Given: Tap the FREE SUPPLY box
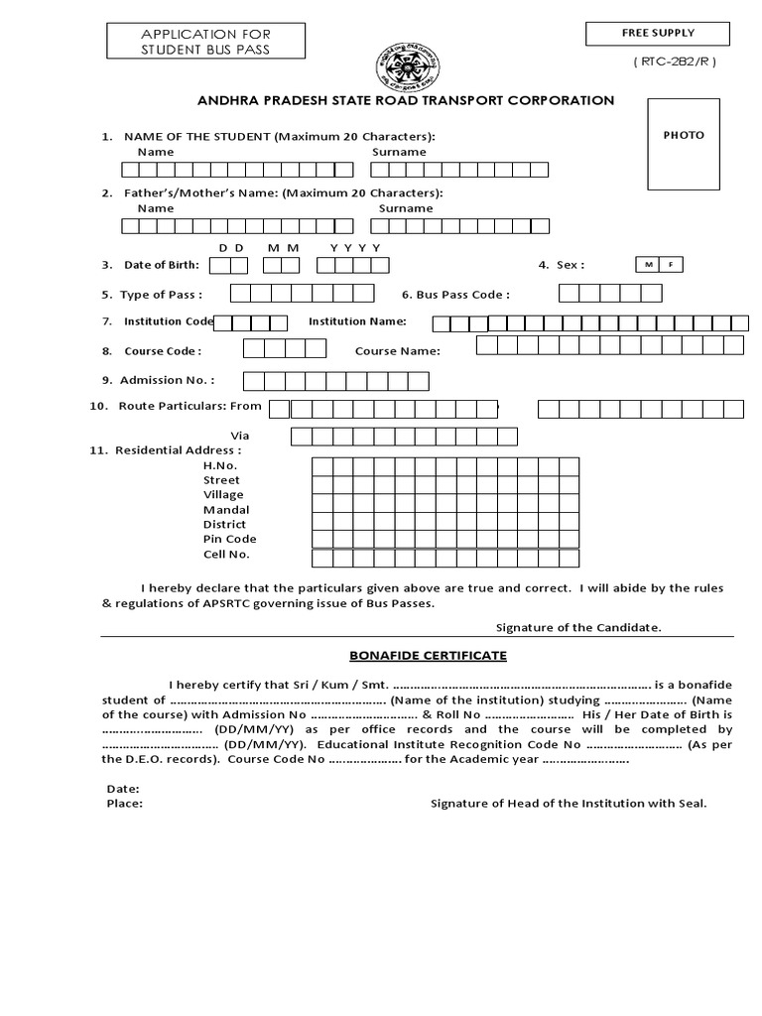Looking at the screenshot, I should point(658,34).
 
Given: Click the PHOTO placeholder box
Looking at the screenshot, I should point(684,144).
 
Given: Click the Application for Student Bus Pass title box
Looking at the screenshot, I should point(205,42).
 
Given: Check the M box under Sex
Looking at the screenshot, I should point(647,265).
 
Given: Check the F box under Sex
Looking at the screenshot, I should point(672,265).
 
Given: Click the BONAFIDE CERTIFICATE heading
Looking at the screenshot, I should point(428,656).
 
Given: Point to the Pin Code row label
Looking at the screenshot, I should point(229,539).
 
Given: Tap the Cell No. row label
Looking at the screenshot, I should point(226,554).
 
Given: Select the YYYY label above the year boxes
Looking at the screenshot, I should point(355,246).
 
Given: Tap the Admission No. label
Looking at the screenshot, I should point(167,380).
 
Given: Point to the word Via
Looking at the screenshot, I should point(240,436).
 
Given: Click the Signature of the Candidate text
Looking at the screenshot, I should point(578,627).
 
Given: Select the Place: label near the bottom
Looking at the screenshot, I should point(124,804).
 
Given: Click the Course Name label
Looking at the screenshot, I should point(397,351).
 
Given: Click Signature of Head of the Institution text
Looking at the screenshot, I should point(568,804).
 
